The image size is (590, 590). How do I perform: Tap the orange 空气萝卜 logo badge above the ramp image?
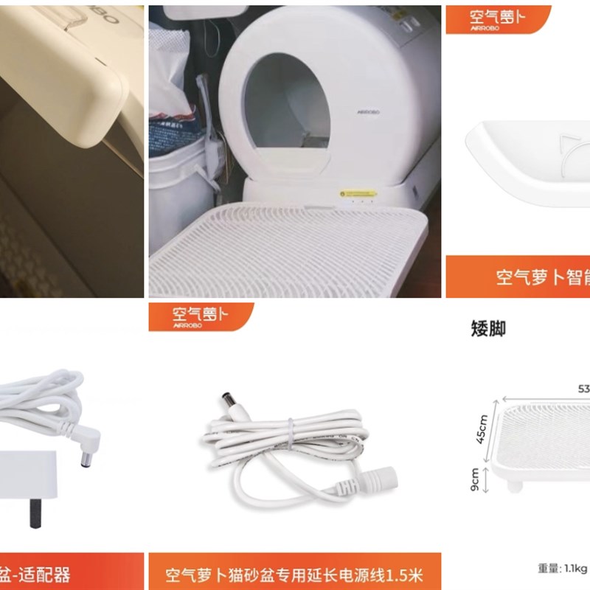(x=498, y=18)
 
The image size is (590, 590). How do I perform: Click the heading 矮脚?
(x=488, y=328)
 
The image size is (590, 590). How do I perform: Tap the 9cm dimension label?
(x=476, y=481)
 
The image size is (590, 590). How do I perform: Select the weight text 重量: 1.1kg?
(x=562, y=568)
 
